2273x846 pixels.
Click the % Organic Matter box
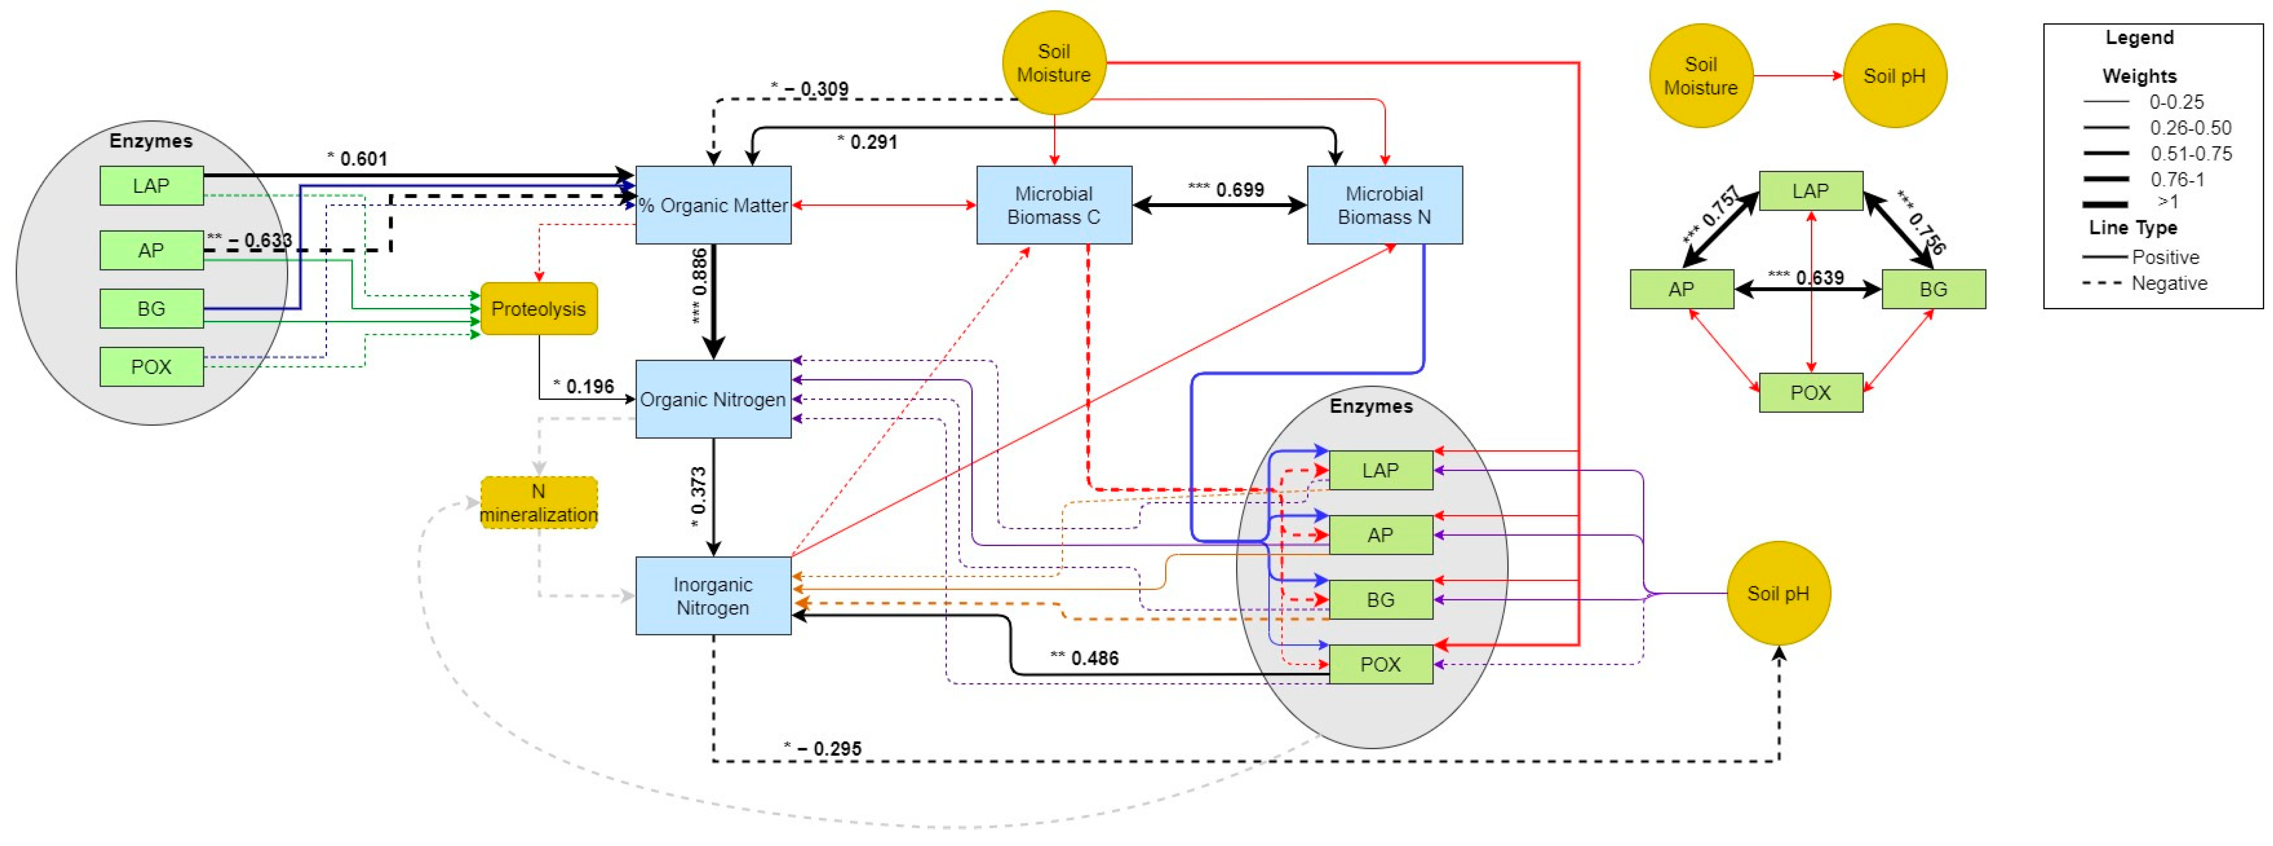point(713,205)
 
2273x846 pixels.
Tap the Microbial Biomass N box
point(1384,205)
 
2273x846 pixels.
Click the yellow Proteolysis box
point(538,309)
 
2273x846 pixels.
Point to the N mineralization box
point(538,503)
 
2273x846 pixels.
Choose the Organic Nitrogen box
point(713,399)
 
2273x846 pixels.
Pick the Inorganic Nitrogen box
point(713,595)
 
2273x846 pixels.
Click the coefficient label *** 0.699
point(1226,189)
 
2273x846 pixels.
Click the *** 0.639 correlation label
point(1805,278)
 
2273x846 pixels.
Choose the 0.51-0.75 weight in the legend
point(2191,154)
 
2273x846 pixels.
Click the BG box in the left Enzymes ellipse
point(151,309)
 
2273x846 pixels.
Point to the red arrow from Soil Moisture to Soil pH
point(1798,76)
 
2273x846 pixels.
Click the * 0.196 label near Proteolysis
point(583,386)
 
